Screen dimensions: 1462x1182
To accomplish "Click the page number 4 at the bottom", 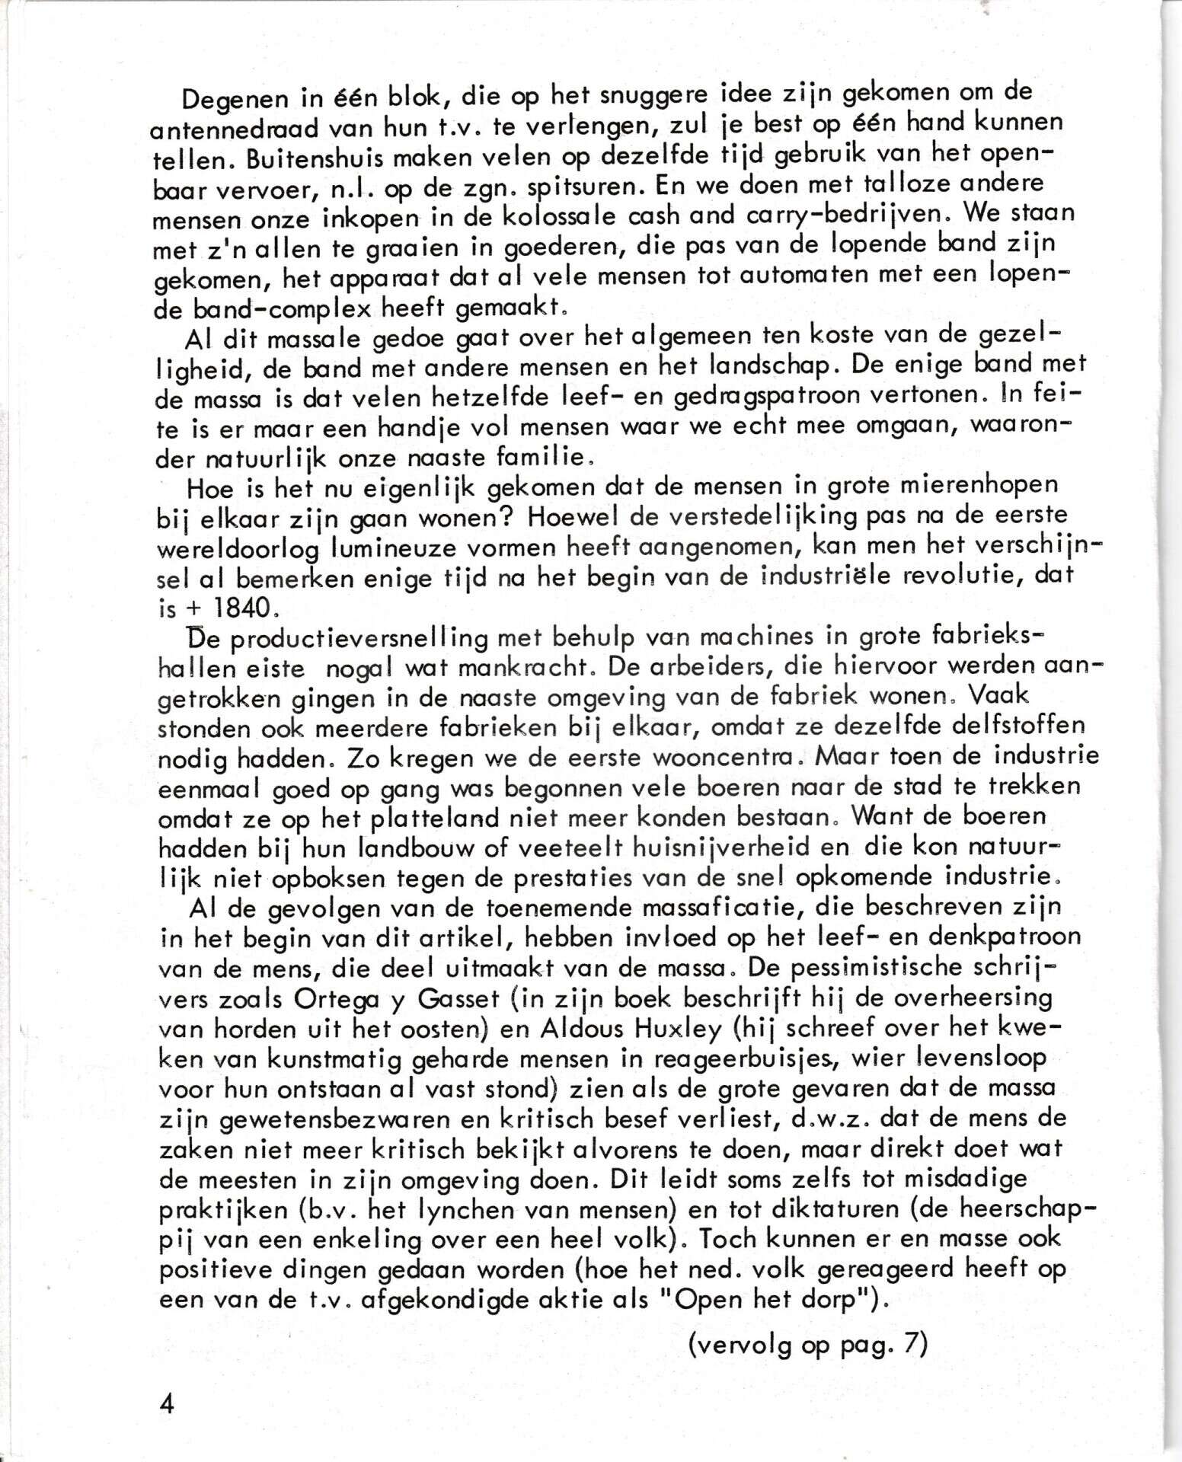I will tap(166, 1403).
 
